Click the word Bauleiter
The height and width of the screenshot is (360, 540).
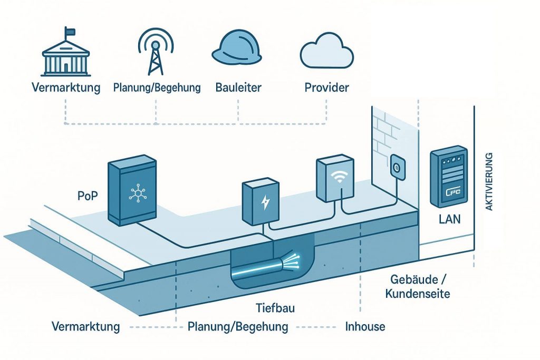click(x=238, y=87)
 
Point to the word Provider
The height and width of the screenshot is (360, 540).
click(x=326, y=87)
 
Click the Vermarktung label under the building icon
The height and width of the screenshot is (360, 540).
click(x=66, y=87)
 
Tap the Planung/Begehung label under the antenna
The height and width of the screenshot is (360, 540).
click(x=157, y=87)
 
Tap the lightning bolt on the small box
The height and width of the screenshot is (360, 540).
click(x=263, y=202)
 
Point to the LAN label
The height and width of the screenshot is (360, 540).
click(x=450, y=219)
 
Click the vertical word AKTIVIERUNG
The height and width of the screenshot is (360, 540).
click(x=488, y=182)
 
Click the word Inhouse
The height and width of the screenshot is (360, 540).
click(x=365, y=326)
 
